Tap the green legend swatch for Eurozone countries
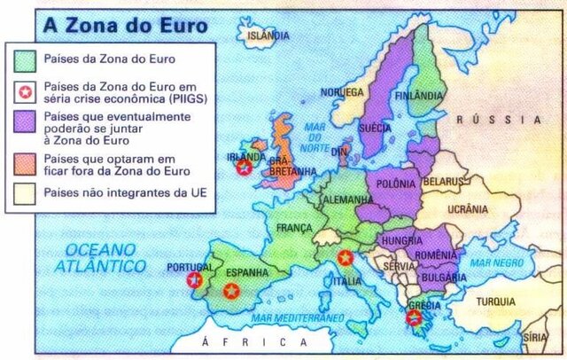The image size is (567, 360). pyautogui.click(x=27, y=60)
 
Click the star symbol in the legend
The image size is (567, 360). pyautogui.click(x=27, y=90)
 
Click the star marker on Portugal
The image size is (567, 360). pyautogui.click(x=195, y=280)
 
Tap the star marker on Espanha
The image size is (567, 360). pyautogui.click(x=231, y=291)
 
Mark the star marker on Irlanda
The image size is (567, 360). pyautogui.click(x=244, y=167)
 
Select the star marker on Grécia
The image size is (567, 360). pyautogui.click(x=413, y=317)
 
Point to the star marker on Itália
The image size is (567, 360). pyautogui.click(x=345, y=258)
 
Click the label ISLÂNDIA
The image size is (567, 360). pyautogui.click(x=268, y=35)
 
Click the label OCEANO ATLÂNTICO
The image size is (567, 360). pyautogui.click(x=99, y=257)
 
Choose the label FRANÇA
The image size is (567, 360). pyautogui.click(x=294, y=228)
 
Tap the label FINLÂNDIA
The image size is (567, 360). pyautogui.click(x=418, y=95)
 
